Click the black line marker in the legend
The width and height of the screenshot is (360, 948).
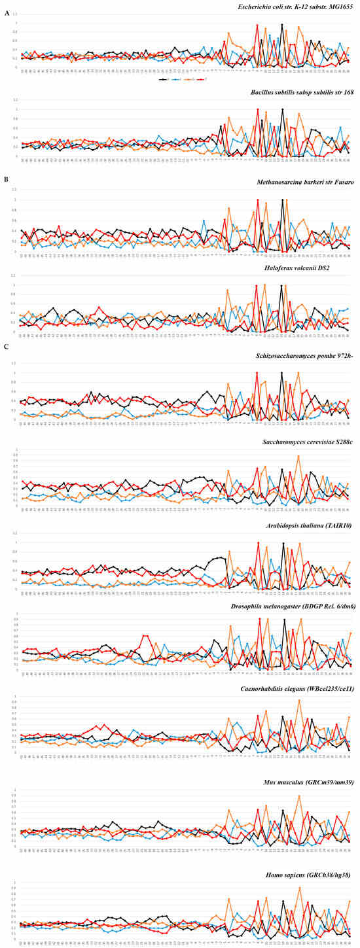pos(164,79)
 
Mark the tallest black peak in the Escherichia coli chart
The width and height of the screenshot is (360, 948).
pos(282,25)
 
